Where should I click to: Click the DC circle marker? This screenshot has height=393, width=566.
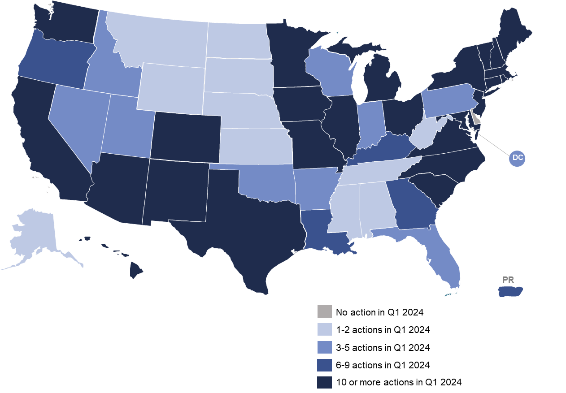(518, 158)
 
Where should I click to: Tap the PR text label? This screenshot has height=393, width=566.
(508, 280)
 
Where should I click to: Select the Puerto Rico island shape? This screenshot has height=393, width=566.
(510, 292)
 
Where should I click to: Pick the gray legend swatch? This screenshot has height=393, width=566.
(324, 311)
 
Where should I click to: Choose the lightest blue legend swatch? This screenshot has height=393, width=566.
(324, 329)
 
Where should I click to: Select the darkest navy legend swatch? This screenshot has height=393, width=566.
(324, 383)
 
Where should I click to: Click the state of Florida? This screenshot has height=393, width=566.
(442, 260)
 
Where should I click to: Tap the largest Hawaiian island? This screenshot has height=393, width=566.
(136, 270)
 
